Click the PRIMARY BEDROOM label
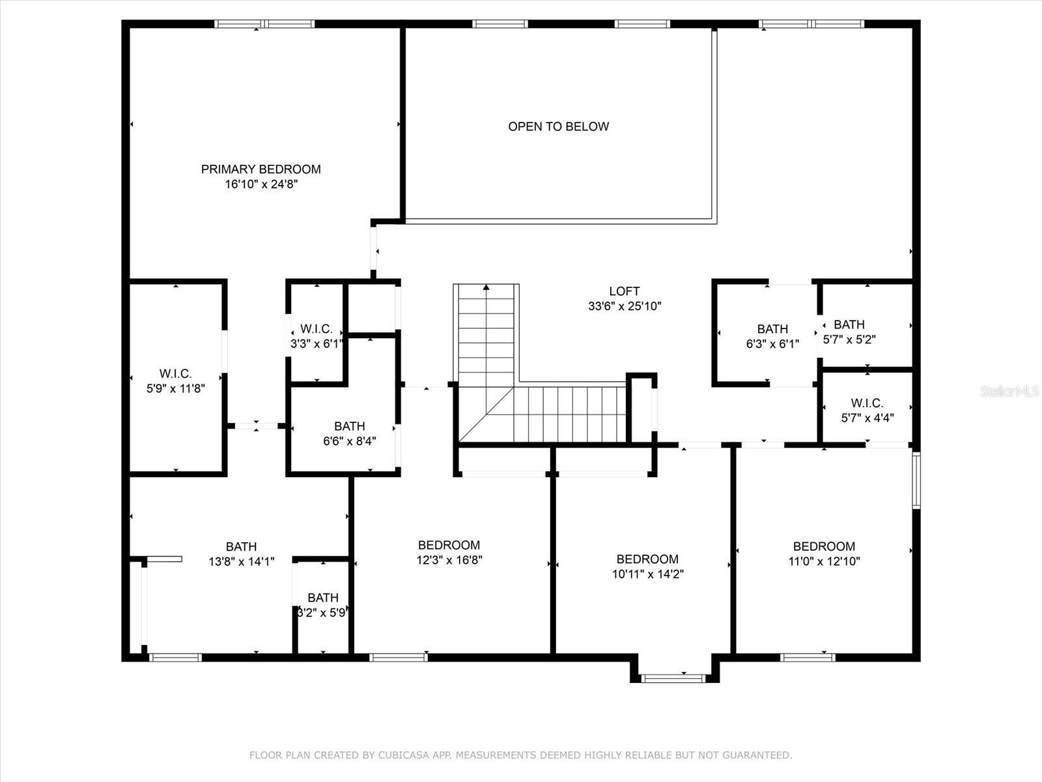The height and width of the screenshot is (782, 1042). point(260,169)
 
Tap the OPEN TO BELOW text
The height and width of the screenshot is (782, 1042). point(558,126)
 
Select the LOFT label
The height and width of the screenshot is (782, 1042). point(625,291)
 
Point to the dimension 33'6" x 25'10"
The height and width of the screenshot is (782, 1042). point(625,306)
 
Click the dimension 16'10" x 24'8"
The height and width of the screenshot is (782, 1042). point(261,184)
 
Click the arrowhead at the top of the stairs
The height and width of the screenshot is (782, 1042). point(486,287)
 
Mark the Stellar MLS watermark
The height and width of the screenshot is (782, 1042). point(1009,391)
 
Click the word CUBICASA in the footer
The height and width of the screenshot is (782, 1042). point(402,755)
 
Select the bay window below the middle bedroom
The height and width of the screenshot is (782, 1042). point(673,678)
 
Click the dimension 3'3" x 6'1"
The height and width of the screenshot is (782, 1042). point(316,344)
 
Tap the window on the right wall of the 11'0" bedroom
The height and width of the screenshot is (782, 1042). point(916,480)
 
